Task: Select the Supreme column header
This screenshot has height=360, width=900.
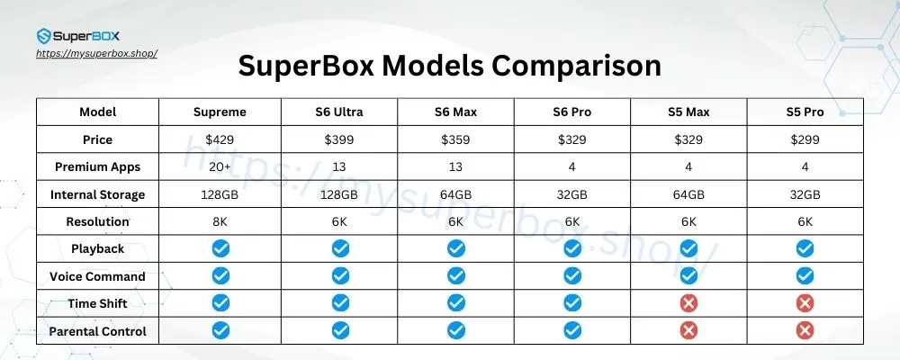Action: pyautogui.click(x=220, y=112)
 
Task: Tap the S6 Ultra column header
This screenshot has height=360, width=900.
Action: pyautogui.click(x=338, y=112)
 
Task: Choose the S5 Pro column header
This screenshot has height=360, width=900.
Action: pyautogui.click(x=804, y=112)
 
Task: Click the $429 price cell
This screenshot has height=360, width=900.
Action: pyautogui.click(x=220, y=139)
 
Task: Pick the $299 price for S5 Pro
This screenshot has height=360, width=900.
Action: pyautogui.click(x=804, y=139)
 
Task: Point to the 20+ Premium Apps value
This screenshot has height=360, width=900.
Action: pyautogui.click(x=220, y=166)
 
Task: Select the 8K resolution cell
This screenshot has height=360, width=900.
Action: pyautogui.click(x=220, y=221)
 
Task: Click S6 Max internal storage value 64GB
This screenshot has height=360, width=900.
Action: pyautogui.click(x=456, y=194)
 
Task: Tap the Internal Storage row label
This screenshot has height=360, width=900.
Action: pyautogui.click(x=98, y=194)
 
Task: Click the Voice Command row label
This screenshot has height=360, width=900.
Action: pyautogui.click(x=98, y=276)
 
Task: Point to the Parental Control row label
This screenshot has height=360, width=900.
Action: pyautogui.click(x=98, y=331)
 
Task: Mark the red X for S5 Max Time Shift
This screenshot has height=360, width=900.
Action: pyautogui.click(x=688, y=303)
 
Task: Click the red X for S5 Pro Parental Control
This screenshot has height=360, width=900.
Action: pyautogui.click(x=804, y=331)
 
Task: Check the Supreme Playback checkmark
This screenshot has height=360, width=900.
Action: pyautogui.click(x=220, y=248)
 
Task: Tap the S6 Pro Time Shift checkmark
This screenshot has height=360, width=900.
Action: pyautogui.click(x=572, y=303)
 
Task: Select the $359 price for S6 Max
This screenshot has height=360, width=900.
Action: pyautogui.click(x=456, y=139)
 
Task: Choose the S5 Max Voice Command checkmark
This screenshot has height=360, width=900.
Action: pyautogui.click(x=688, y=276)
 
